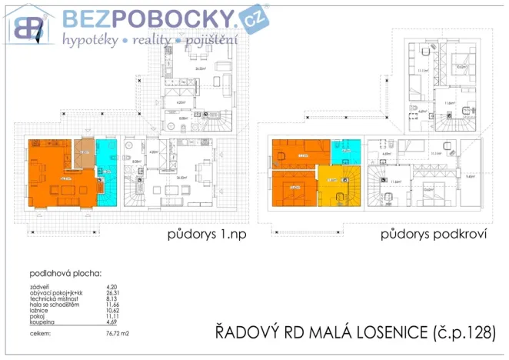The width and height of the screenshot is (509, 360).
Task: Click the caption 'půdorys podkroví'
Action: coord(433,235)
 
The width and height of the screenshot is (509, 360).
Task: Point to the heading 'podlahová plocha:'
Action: coord(62,273)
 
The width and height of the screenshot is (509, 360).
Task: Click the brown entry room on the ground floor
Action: coord(85,150)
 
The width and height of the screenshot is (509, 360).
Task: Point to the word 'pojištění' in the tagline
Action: coord(210,39)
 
